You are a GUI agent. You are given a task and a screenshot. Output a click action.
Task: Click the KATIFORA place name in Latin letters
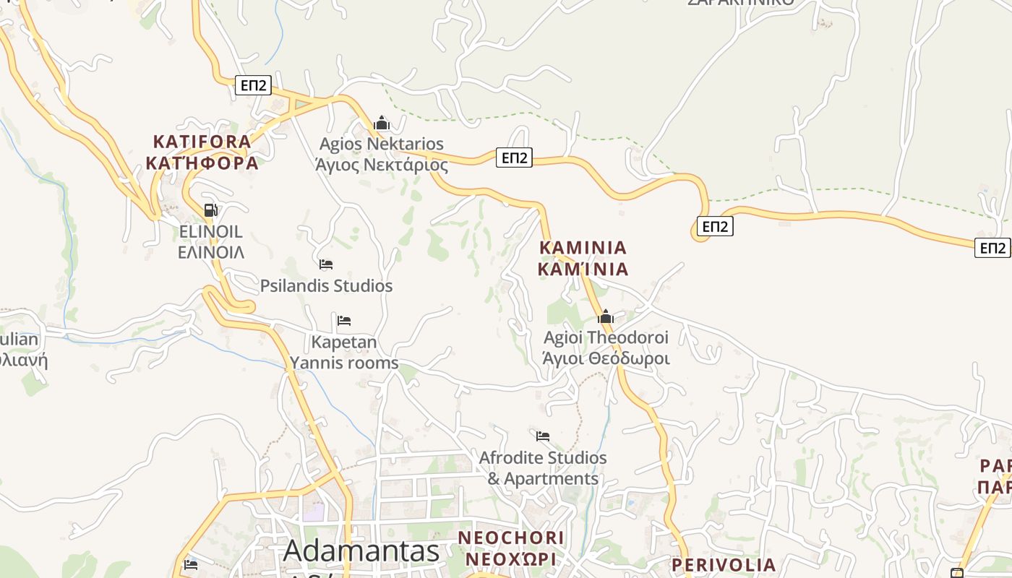202,142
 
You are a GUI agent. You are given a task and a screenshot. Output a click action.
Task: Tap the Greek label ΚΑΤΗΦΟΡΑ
202,163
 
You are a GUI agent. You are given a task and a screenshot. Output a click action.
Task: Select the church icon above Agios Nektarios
382,124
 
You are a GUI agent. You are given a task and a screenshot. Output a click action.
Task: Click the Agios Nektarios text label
382,144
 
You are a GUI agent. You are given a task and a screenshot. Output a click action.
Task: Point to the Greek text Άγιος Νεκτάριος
382,165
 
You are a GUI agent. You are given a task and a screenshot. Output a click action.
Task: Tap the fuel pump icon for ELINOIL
211,210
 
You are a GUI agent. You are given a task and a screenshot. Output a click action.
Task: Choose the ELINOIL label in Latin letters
210,232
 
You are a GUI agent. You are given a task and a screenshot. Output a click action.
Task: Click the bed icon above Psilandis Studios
326,264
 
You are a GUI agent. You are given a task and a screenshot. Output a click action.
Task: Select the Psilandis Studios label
326,285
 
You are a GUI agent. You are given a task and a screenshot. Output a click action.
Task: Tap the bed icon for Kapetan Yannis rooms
344,320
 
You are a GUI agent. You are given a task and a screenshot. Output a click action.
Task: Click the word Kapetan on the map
344,342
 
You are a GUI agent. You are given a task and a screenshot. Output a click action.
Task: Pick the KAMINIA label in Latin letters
583,248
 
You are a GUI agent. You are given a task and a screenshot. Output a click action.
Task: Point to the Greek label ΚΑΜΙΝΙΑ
583,269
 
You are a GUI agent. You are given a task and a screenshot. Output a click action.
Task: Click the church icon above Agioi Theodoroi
606,316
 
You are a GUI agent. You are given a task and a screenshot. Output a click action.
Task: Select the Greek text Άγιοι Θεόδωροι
606,358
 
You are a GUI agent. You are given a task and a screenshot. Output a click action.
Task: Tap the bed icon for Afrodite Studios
543,436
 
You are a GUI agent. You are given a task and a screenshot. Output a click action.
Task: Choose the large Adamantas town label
361,551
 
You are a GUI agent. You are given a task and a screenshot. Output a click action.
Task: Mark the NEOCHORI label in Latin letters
511,538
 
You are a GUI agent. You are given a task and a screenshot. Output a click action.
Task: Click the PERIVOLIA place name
724,564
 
